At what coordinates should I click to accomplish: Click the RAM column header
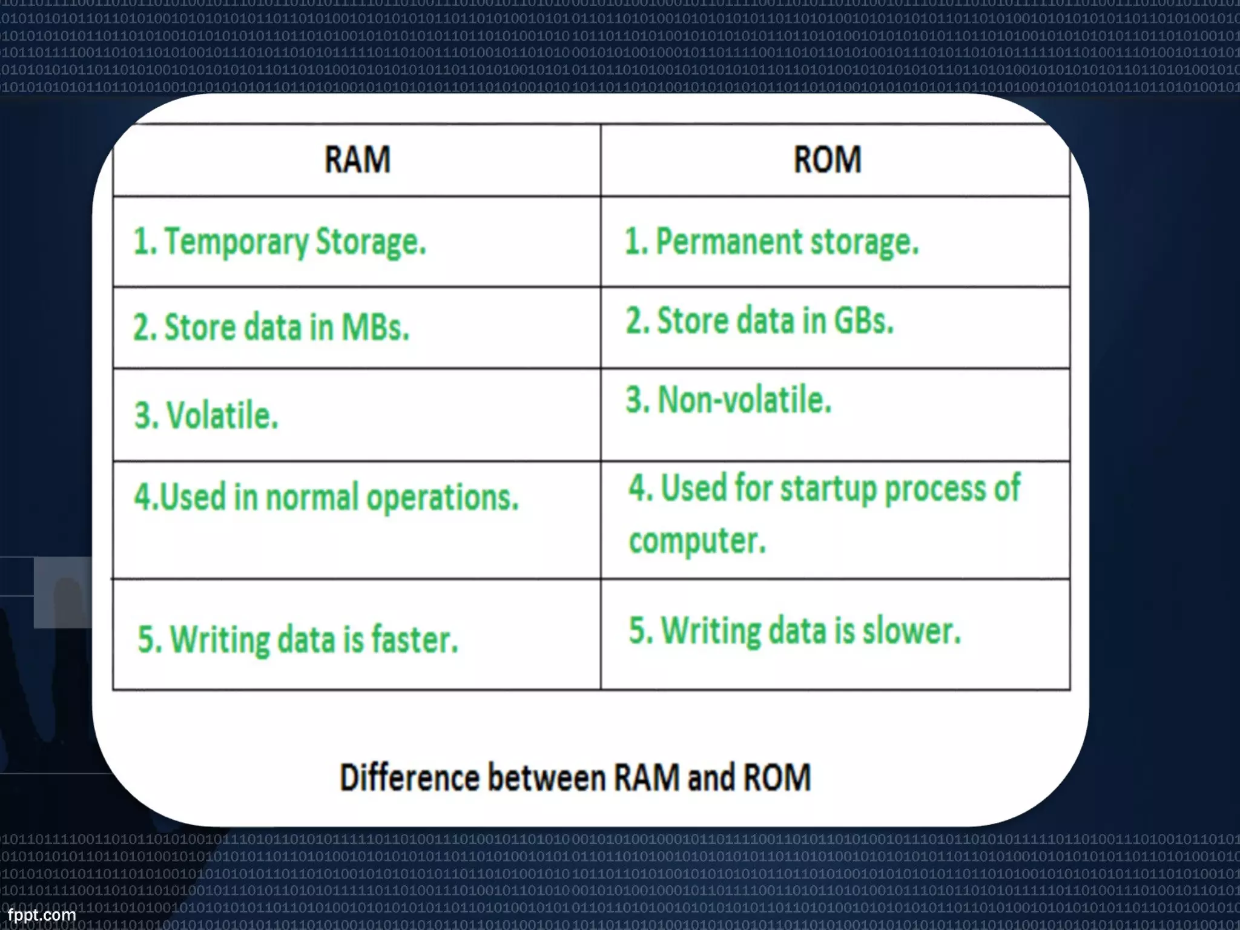(357, 160)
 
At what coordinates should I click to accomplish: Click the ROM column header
(827, 160)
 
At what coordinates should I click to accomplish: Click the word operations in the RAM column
(443, 498)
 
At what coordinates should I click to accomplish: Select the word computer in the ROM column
(697, 541)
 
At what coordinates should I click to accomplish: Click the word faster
(415, 639)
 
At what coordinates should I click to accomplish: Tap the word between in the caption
(547, 777)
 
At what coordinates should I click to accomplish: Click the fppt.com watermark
(41, 915)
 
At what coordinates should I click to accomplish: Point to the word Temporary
(236, 242)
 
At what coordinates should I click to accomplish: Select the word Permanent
(729, 242)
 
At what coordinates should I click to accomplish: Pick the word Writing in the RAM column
(220, 639)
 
